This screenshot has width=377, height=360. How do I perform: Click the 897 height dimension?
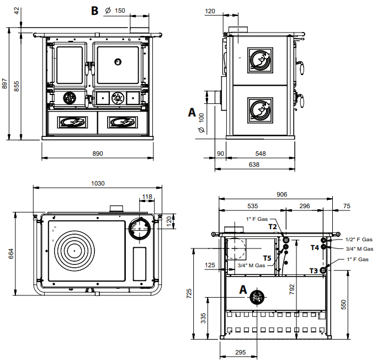tap(4, 84)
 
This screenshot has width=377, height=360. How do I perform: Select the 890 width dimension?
tap(97, 153)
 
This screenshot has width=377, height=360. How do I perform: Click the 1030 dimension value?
tap(98, 183)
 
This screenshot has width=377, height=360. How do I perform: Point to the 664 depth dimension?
tap(11, 253)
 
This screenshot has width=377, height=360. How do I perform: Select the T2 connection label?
tap(273, 226)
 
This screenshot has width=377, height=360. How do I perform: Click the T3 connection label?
tap(314, 271)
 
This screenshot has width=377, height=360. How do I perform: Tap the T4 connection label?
tap(315, 248)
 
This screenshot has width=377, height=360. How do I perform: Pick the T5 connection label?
tap(267, 258)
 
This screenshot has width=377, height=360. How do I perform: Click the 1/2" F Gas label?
tap(359, 240)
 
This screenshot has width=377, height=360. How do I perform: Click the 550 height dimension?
tap(343, 304)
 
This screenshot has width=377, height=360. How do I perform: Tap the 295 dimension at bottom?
tap(240, 352)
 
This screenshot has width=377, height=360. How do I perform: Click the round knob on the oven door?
tap(118, 61)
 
